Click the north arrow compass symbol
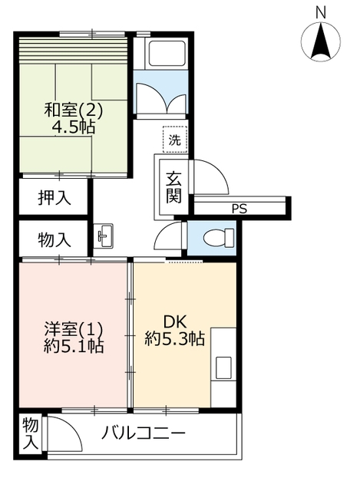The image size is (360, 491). click(321, 41)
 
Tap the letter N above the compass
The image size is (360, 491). click(321, 13)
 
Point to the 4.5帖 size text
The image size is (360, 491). click(74, 127)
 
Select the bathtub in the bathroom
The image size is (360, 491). click(167, 52)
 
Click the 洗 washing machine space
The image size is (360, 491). click(175, 140)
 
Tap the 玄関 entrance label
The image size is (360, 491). click(173, 187)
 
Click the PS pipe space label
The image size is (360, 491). click(239, 209)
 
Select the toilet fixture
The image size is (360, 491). click(219, 237)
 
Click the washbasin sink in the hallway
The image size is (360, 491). click(104, 236)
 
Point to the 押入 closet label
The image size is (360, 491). click(54, 198)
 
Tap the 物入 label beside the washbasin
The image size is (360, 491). click(54, 240)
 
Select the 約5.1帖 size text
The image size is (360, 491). click(74, 346)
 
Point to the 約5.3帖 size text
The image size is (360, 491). click(174, 338)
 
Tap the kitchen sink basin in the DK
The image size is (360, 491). click(223, 367)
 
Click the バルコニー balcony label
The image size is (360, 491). click(144, 434)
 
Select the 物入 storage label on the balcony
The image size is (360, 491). click(31, 433)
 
